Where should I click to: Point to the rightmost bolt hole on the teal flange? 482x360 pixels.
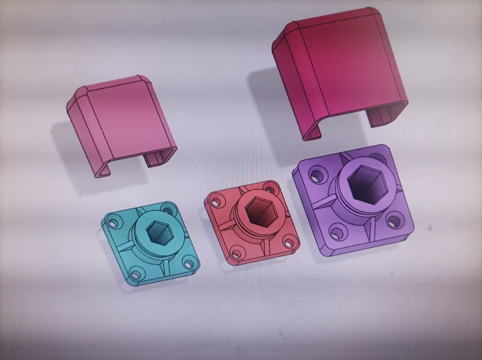(x=188, y=263)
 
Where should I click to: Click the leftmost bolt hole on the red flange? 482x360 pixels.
(x=217, y=201)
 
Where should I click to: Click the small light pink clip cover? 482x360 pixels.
(x=121, y=124)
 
